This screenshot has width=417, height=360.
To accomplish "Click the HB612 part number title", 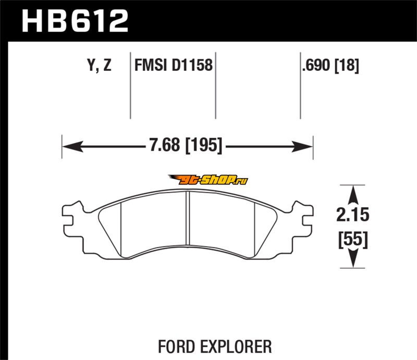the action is click(x=75, y=21).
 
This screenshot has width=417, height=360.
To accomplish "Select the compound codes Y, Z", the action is click(x=99, y=66).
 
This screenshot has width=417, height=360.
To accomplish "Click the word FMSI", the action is click(x=151, y=65).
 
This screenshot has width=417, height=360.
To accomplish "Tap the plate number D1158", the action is click(x=192, y=65).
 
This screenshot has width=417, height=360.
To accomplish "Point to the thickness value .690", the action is click(x=316, y=65).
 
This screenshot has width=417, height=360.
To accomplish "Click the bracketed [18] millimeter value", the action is click(x=347, y=66).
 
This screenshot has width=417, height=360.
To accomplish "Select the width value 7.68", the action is click(x=164, y=145).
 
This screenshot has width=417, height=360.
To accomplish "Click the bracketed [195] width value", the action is click(x=203, y=145).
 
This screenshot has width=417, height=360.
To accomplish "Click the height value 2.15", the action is click(x=353, y=215).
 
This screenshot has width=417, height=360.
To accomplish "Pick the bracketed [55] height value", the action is click(x=353, y=240).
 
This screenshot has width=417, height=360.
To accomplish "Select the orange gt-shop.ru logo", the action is click(x=207, y=180).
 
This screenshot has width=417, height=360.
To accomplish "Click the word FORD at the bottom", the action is click(x=176, y=346).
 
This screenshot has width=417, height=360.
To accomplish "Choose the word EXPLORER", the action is click(x=236, y=346).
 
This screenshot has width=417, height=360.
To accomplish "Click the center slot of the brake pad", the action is click(x=188, y=218).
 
